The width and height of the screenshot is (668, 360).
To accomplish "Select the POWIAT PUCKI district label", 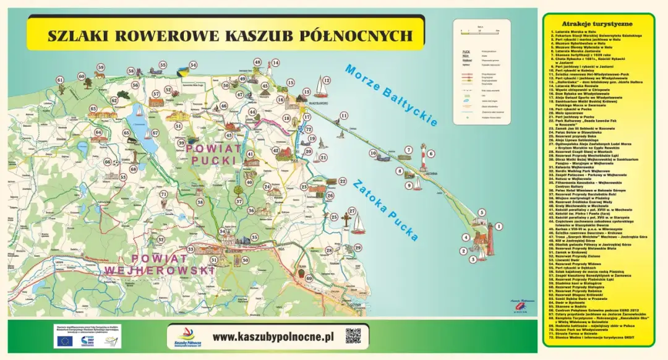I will coord(212,155).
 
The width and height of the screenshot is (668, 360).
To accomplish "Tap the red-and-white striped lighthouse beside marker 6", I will coord(423,160).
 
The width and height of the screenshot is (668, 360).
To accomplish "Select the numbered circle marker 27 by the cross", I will coord(351,211).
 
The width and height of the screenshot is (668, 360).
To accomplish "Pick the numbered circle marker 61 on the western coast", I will coord(60,80).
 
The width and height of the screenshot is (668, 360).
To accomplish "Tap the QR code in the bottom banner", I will coord(353,336).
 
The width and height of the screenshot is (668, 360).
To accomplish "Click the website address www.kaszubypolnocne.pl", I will coord(273,337).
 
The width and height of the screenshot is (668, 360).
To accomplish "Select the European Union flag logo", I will coord(63,340).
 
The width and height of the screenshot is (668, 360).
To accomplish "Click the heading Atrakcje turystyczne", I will coord(597,24).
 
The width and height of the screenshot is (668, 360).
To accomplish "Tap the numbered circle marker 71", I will coord(163,194).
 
